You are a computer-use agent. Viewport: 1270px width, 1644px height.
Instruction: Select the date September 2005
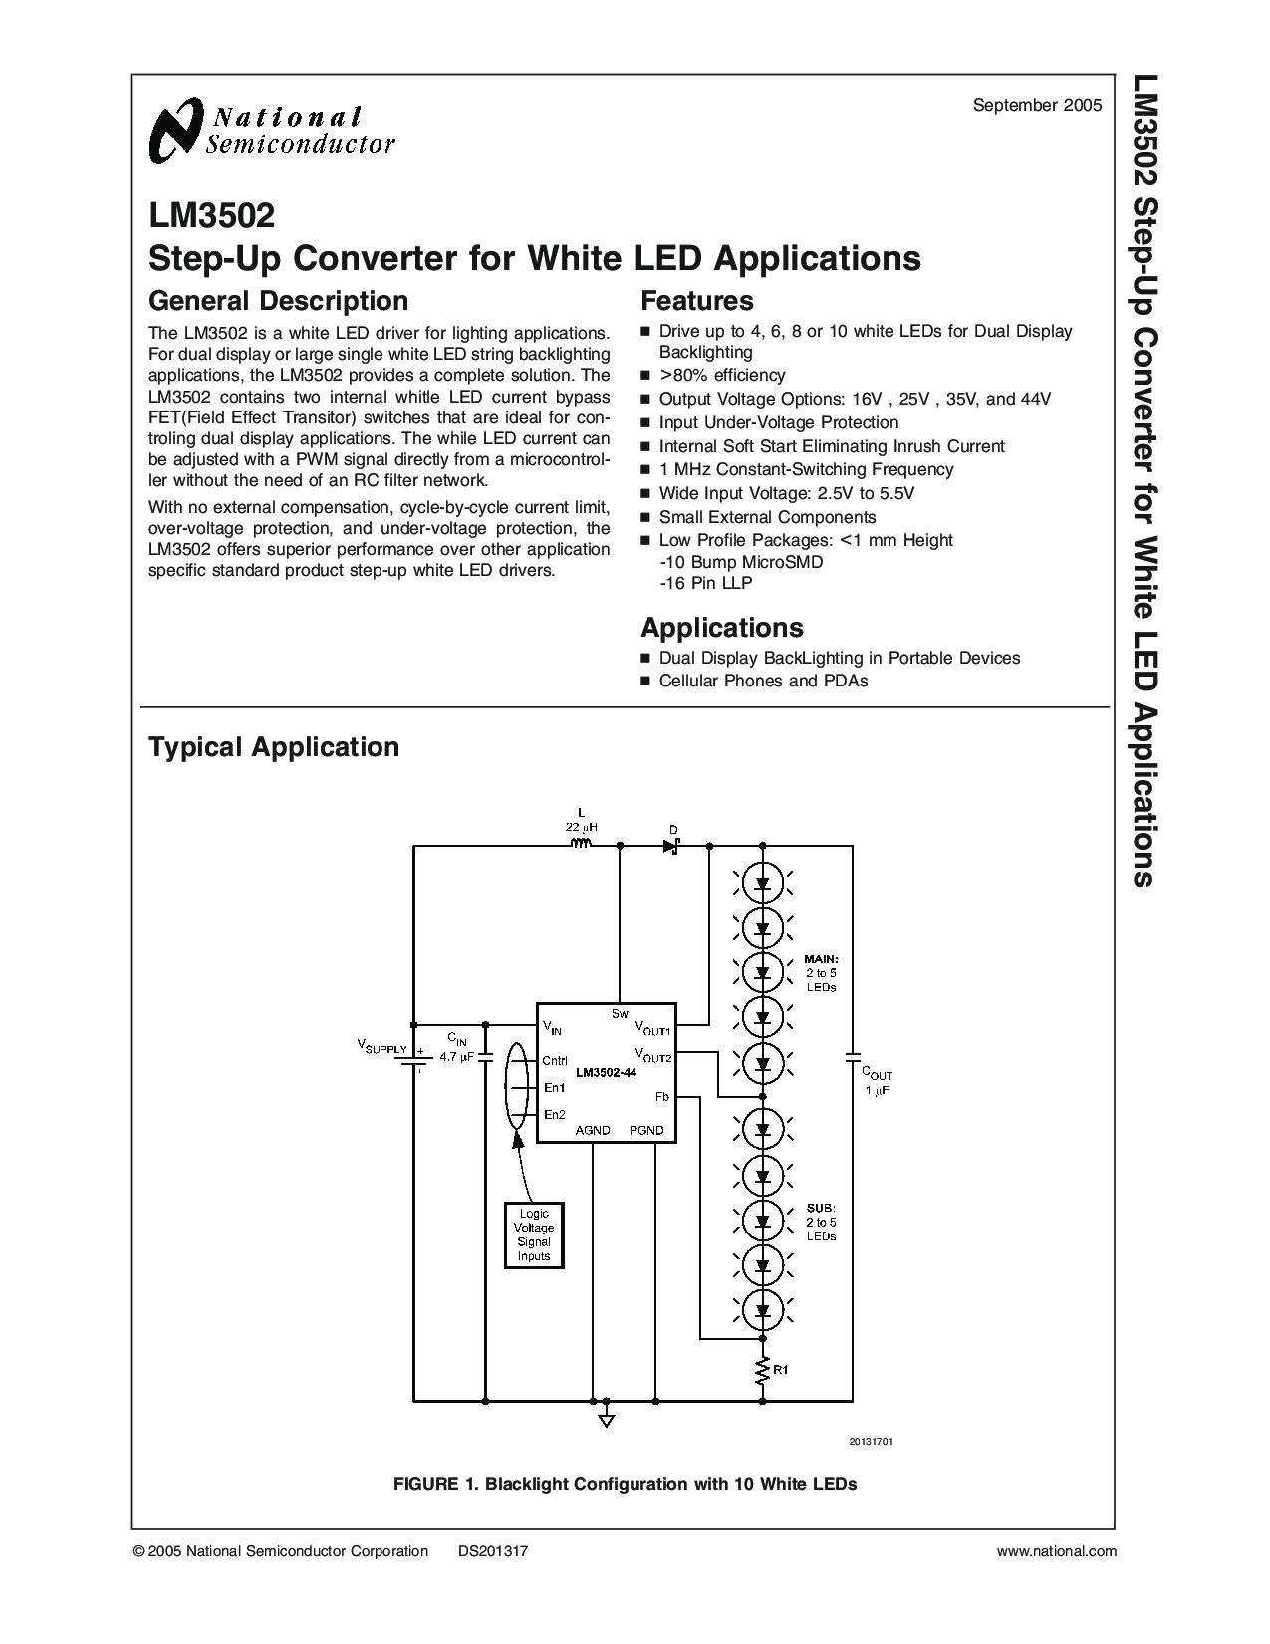(x=1037, y=104)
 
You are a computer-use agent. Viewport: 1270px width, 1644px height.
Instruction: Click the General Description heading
(x=278, y=301)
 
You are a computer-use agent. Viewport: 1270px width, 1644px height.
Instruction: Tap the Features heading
(x=696, y=301)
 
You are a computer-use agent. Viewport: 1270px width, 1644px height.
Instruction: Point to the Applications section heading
(x=721, y=628)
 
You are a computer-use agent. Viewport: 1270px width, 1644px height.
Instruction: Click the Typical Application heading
(x=273, y=747)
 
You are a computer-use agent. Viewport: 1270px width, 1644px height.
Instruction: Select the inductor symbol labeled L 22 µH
(x=581, y=845)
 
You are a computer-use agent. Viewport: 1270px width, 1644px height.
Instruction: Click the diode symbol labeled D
(x=672, y=846)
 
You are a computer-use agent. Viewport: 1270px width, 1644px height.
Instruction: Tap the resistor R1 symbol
(x=763, y=1371)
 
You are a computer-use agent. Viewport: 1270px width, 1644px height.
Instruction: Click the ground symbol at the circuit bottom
(x=607, y=1419)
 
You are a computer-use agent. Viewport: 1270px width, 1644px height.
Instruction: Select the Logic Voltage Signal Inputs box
(x=534, y=1234)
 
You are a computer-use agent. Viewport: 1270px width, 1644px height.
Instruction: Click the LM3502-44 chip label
(x=606, y=1074)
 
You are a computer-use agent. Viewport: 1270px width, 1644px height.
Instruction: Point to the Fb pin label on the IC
(x=661, y=1096)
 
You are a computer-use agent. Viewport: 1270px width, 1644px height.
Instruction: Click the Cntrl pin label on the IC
(x=555, y=1060)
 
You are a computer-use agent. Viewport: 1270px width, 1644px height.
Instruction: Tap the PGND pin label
(x=646, y=1131)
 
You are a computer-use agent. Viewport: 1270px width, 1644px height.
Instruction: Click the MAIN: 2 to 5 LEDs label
(x=821, y=973)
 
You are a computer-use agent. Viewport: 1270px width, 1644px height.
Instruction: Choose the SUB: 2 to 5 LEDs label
(x=821, y=1221)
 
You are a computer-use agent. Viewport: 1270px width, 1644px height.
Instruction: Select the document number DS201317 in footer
(x=492, y=1551)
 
